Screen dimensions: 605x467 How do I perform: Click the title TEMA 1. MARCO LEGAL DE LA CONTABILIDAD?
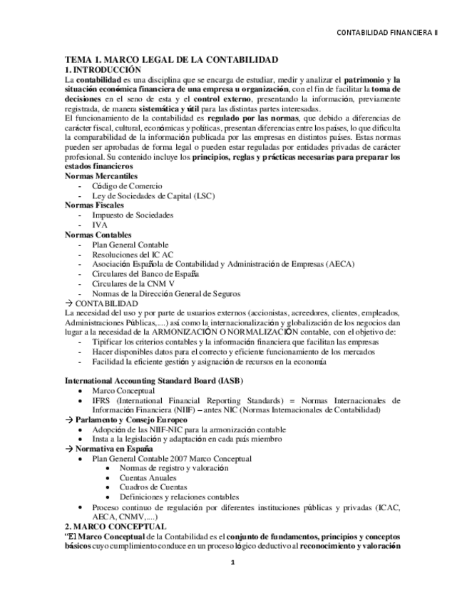coord(171,60)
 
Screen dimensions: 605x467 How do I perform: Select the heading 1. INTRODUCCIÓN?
coord(103,70)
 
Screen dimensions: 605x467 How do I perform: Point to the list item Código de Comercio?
coord(127,185)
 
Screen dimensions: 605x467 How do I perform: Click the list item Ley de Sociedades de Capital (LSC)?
coord(153,195)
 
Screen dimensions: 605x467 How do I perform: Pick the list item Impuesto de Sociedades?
coord(132,215)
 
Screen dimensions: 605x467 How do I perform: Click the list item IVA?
coord(100,225)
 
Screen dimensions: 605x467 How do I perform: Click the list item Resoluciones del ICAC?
coord(132,254)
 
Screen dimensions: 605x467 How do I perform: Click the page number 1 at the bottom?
coord(232,563)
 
